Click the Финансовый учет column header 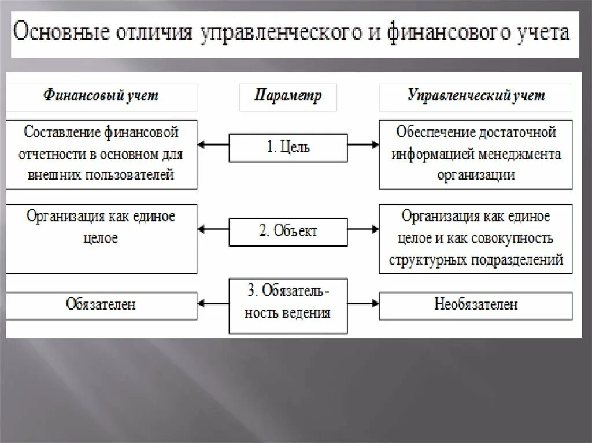[x=101, y=96]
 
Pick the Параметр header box [x=288, y=96]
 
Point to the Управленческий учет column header [x=476, y=96]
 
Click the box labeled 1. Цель [x=288, y=147]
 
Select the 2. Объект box [x=288, y=231]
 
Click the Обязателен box [x=101, y=304]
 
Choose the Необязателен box [x=476, y=304]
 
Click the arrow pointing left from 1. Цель [x=213, y=144]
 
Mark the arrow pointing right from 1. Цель [x=363, y=144]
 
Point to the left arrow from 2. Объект [x=213, y=230]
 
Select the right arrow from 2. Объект [x=363, y=230]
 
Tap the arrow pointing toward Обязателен [x=213, y=302]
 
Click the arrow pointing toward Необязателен [x=363, y=302]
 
